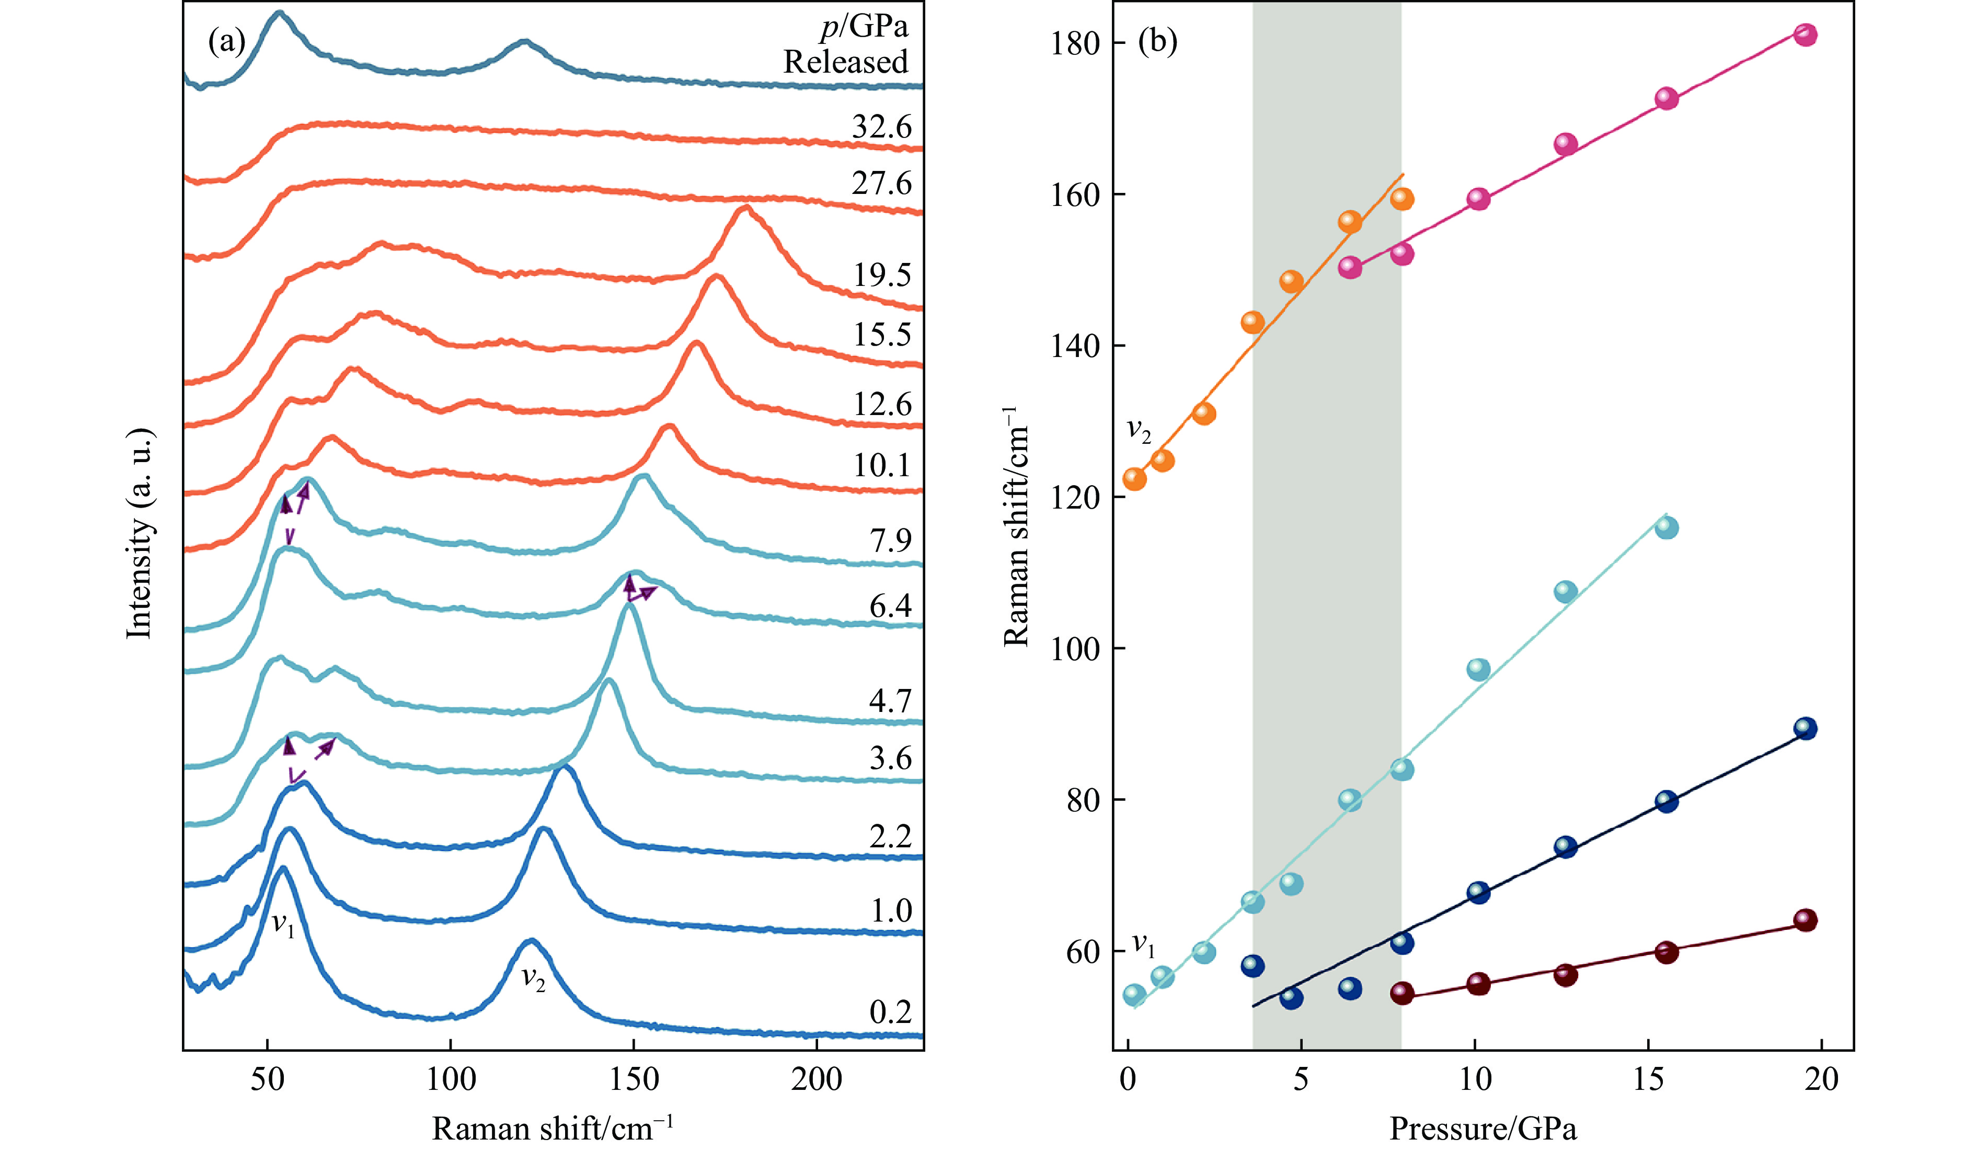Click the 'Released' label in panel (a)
pos(845,62)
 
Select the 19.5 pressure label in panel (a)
pos(881,275)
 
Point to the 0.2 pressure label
pos(890,1012)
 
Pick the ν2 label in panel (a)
pos(533,979)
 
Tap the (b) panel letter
pos(1157,41)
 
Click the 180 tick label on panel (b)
pos(1075,43)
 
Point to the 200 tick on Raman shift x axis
pos(817,1080)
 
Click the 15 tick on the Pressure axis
pos(1648,1080)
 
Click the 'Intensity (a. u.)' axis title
pos(140,533)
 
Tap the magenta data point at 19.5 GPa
pos(1805,34)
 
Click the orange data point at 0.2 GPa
pos(1134,478)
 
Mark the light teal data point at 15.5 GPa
pos(1667,527)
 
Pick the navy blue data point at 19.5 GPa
pos(1805,728)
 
